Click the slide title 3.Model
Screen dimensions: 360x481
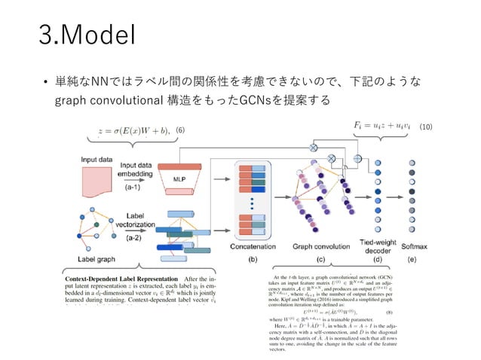point(87,35)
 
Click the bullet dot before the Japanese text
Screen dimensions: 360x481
point(47,81)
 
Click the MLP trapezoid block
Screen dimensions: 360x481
point(179,179)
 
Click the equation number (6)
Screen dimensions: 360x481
point(180,131)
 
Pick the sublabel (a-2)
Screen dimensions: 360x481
point(136,237)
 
